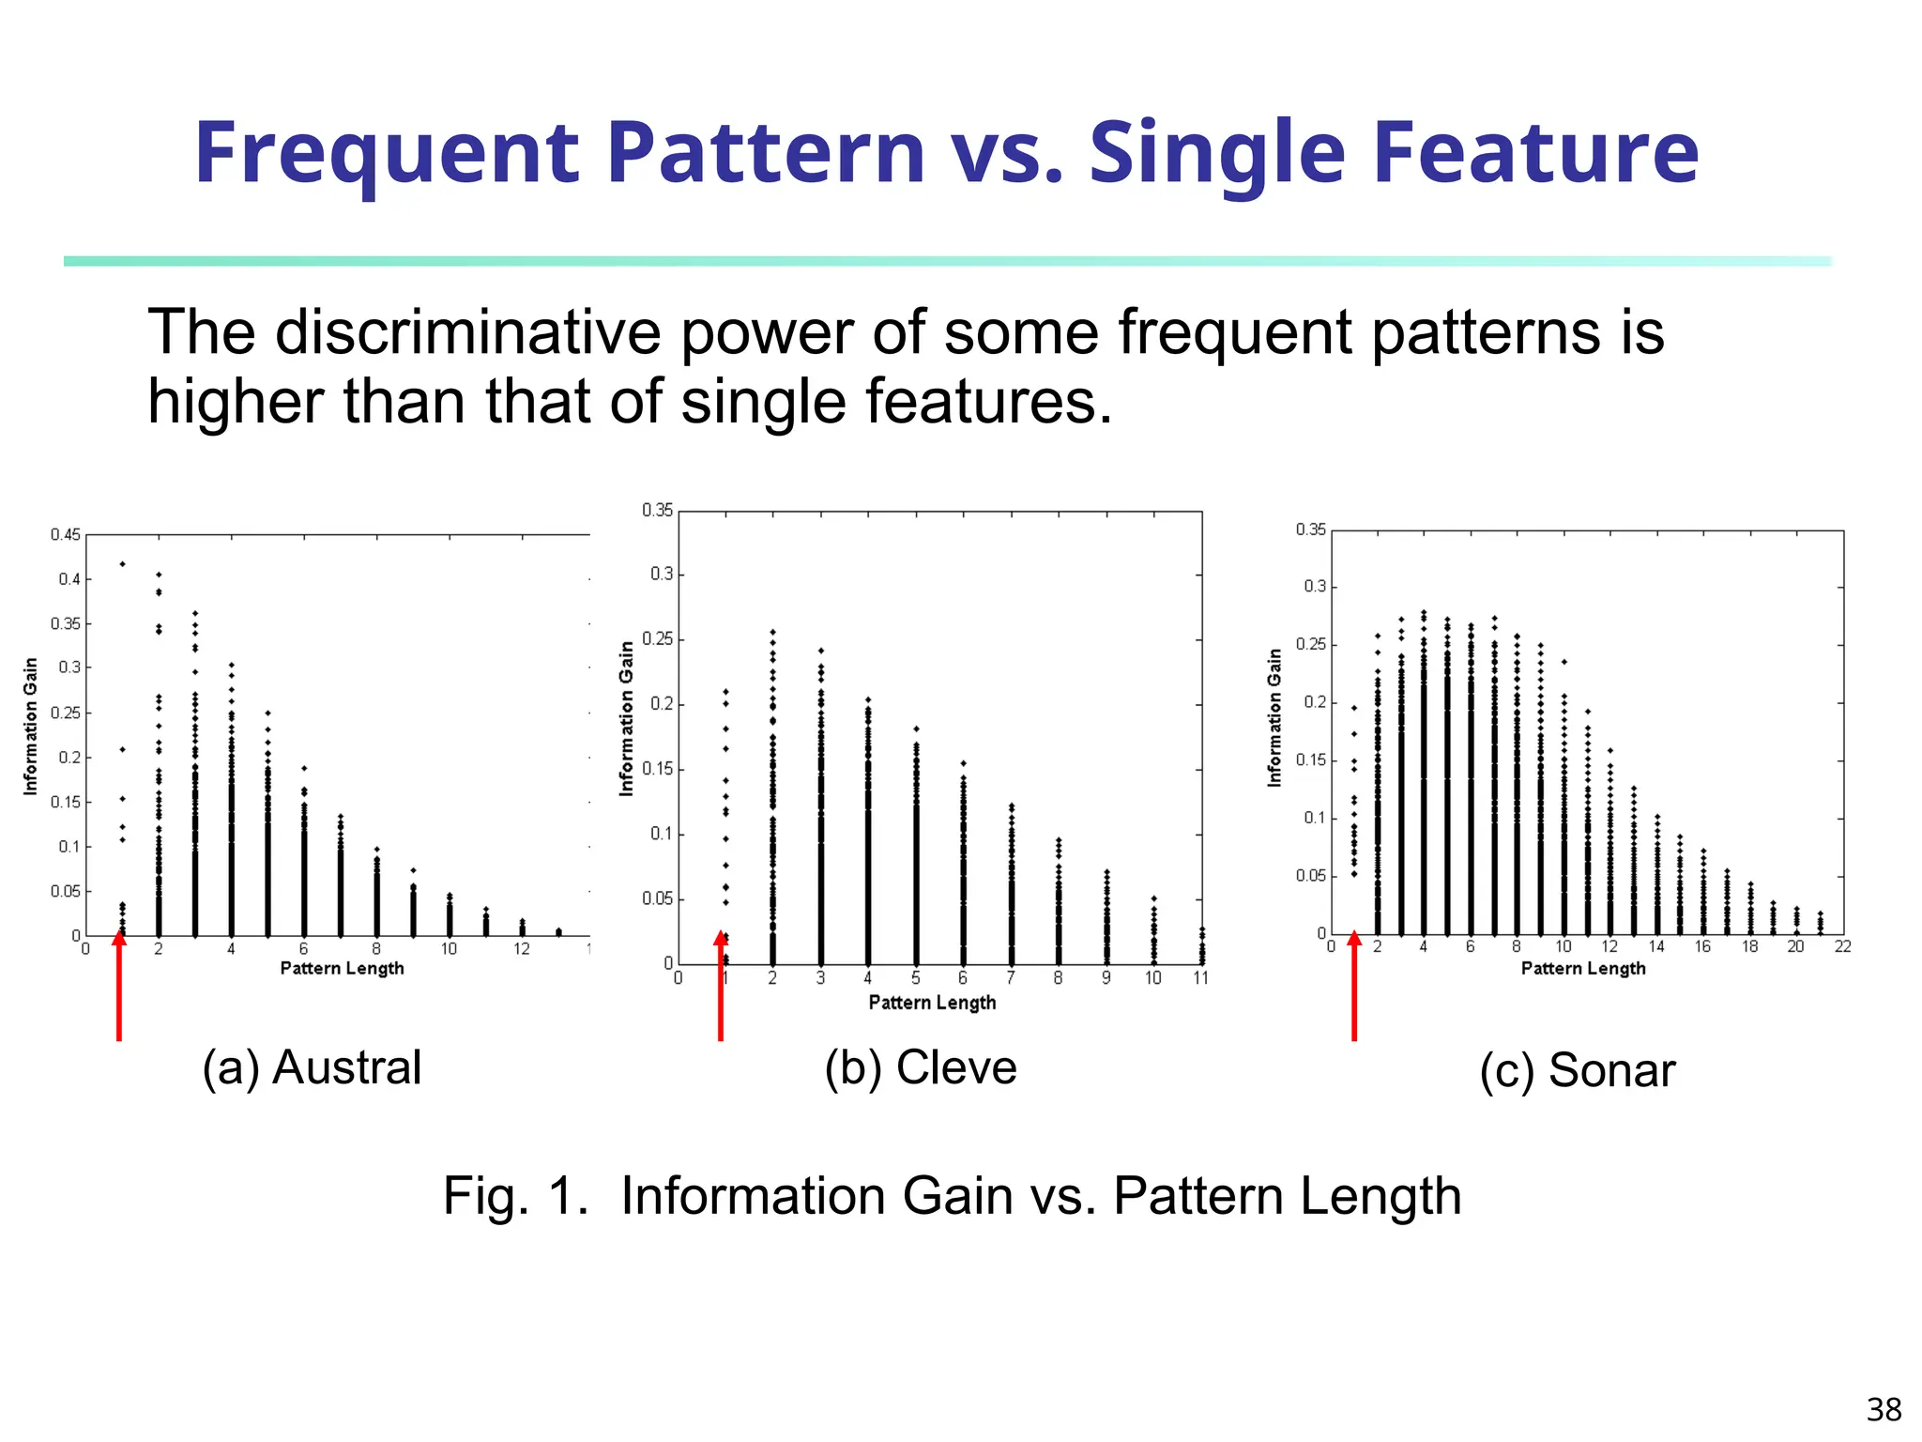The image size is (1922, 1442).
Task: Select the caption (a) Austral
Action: pyautogui.click(x=312, y=1067)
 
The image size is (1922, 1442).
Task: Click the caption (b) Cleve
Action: pyautogui.click(x=921, y=1067)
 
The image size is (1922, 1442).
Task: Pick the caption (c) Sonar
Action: pyautogui.click(x=1577, y=1070)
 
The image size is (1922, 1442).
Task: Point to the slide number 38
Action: pyautogui.click(x=1883, y=1409)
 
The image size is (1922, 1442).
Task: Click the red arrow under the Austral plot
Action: pyautogui.click(x=119, y=986)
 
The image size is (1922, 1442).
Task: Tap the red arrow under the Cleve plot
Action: pyautogui.click(x=721, y=986)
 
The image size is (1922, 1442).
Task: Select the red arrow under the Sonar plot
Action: pyautogui.click(x=1354, y=986)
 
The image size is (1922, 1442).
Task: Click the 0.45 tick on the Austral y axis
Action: pyautogui.click(x=66, y=535)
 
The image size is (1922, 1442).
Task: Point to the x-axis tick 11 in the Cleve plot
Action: pyautogui.click(x=1200, y=978)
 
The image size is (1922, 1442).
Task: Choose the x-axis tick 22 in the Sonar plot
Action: pyautogui.click(x=1842, y=946)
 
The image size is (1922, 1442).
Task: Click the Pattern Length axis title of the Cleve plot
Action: pyautogui.click(x=932, y=1003)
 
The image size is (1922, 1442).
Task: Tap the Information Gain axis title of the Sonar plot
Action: pyautogui.click(x=1274, y=717)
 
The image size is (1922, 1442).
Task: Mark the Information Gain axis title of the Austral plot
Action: pyautogui.click(x=31, y=726)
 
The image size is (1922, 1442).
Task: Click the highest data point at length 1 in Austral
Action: pyautogui.click(x=123, y=564)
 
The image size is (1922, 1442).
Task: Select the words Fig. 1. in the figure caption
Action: pyautogui.click(x=515, y=1196)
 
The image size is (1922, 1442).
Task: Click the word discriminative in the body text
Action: pyautogui.click(x=467, y=332)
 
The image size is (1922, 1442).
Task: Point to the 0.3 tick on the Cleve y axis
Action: pyautogui.click(x=662, y=574)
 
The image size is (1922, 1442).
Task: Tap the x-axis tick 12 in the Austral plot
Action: pyautogui.click(x=522, y=949)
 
